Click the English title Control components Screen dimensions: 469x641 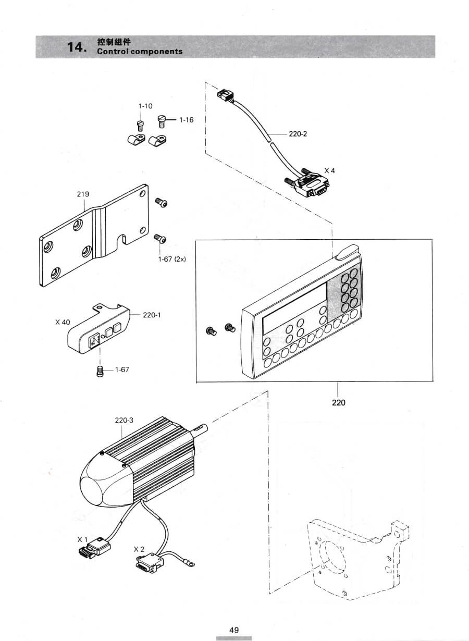[x=140, y=52]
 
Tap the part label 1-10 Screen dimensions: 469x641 [x=145, y=106]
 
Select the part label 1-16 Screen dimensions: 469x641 [x=187, y=120]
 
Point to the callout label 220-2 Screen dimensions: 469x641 [x=298, y=134]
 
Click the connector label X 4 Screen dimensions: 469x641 [x=329, y=170]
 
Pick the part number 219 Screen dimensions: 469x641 [x=83, y=194]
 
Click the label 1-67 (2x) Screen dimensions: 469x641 [x=172, y=259]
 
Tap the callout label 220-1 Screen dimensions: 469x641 [x=152, y=315]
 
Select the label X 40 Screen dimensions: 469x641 [x=63, y=322]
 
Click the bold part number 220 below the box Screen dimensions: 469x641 [x=339, y=403]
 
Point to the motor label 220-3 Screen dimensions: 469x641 [x=124, y=421]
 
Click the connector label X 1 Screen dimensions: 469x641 [x=82, y=539]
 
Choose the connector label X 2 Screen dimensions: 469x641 [x=139, y=549]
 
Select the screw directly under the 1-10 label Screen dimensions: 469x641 [x=141, y=126]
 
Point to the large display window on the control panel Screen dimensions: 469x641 [x=295, y=310]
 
